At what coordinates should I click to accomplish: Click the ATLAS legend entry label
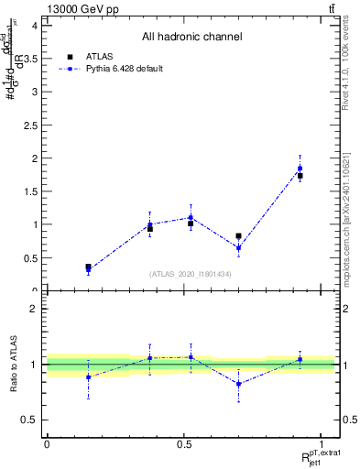point(100,56)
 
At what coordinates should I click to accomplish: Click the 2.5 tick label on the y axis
point(31,125)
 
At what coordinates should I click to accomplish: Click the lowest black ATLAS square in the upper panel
point(88,267)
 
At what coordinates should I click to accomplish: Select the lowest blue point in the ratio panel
point(238,384)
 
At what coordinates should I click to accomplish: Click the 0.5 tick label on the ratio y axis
point(31,420)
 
